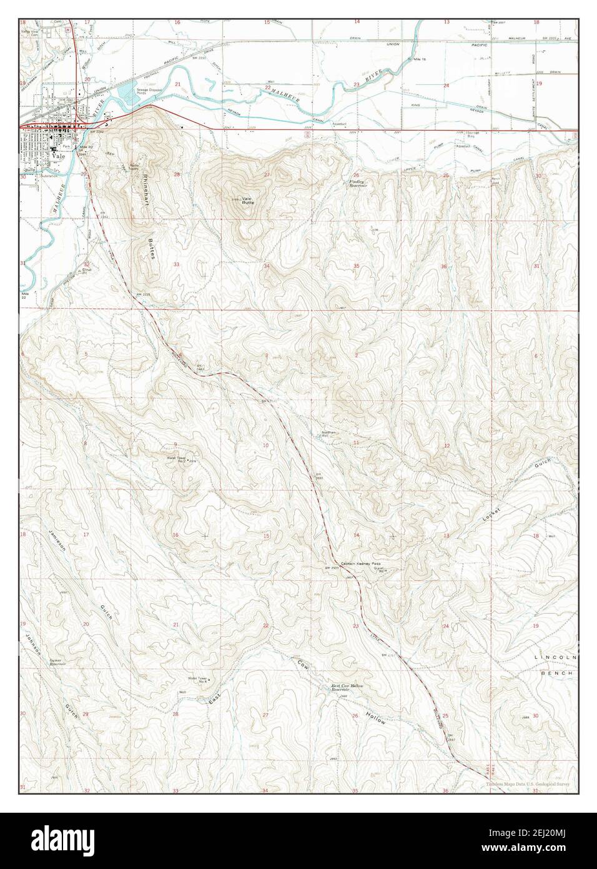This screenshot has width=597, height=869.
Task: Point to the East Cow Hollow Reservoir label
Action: tap(347, 688)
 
